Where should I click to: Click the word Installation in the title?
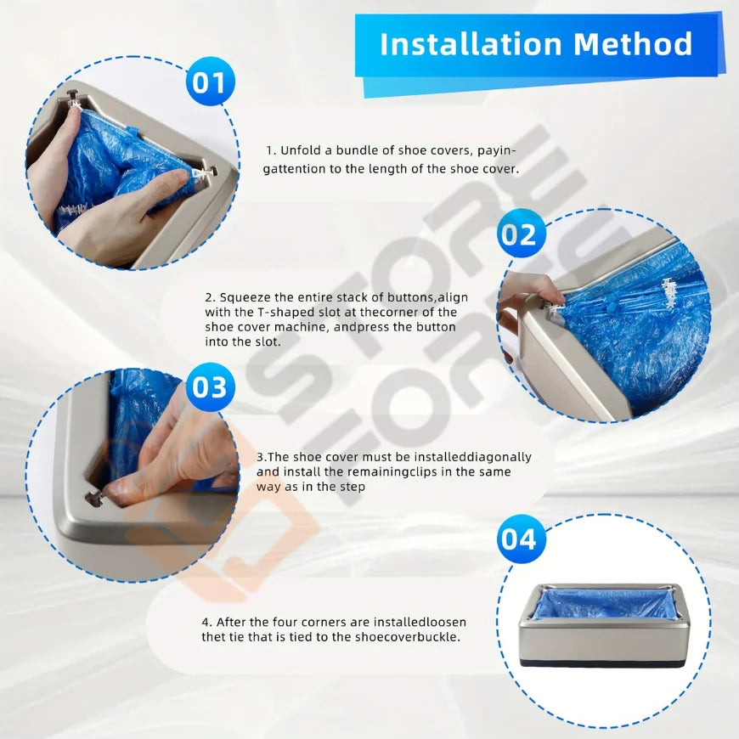pos(471,44)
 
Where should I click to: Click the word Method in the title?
pos(633,44)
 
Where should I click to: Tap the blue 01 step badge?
pos(209,82)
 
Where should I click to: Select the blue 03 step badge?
pos(209,387)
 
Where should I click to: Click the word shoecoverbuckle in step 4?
pos(407,637)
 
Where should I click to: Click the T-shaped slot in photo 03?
pos(93,498)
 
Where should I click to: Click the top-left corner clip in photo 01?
pos(74,99)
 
